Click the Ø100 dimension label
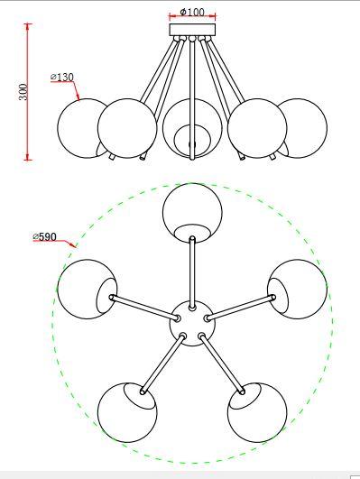pos(192,12)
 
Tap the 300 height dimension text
pos(23,92)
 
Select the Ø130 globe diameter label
pos(62,78)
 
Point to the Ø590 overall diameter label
pos(44,236)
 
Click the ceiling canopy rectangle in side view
pos(192,30)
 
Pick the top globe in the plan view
pos(192,213)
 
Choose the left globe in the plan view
pos(88,289)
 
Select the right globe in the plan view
pos(298,289)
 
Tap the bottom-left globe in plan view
pos(127,412)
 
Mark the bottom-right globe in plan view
pos(257,412)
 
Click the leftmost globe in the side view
pos(82,128)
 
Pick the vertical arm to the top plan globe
pos(192,272)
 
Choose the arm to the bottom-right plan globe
pos(222,364)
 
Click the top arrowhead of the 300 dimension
pos(28,27)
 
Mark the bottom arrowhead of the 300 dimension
pos(28,156)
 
